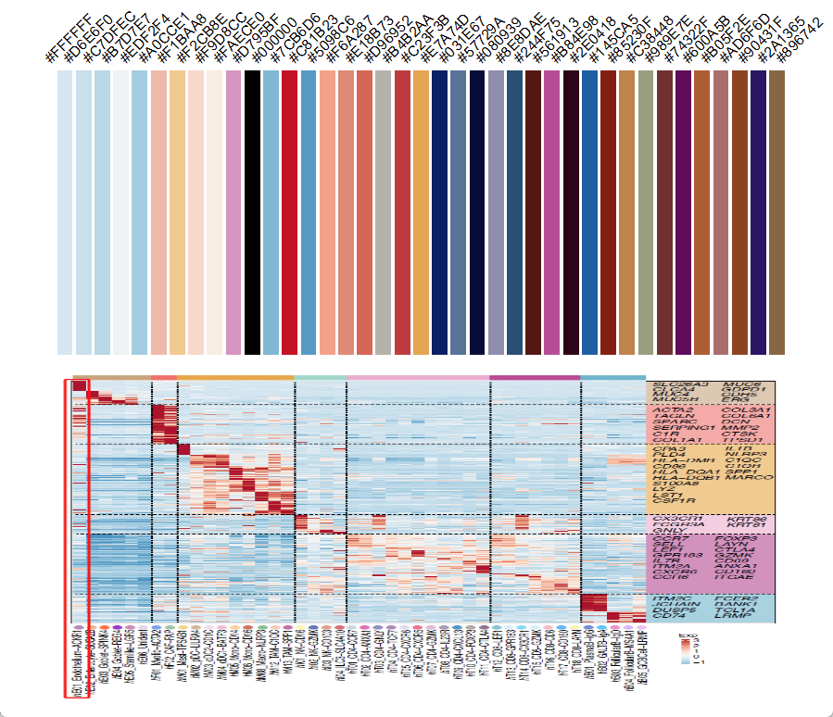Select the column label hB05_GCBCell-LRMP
pyautogui.click(x=638, y=659)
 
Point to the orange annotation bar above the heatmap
pyautogui.click(x=235, y=378)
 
